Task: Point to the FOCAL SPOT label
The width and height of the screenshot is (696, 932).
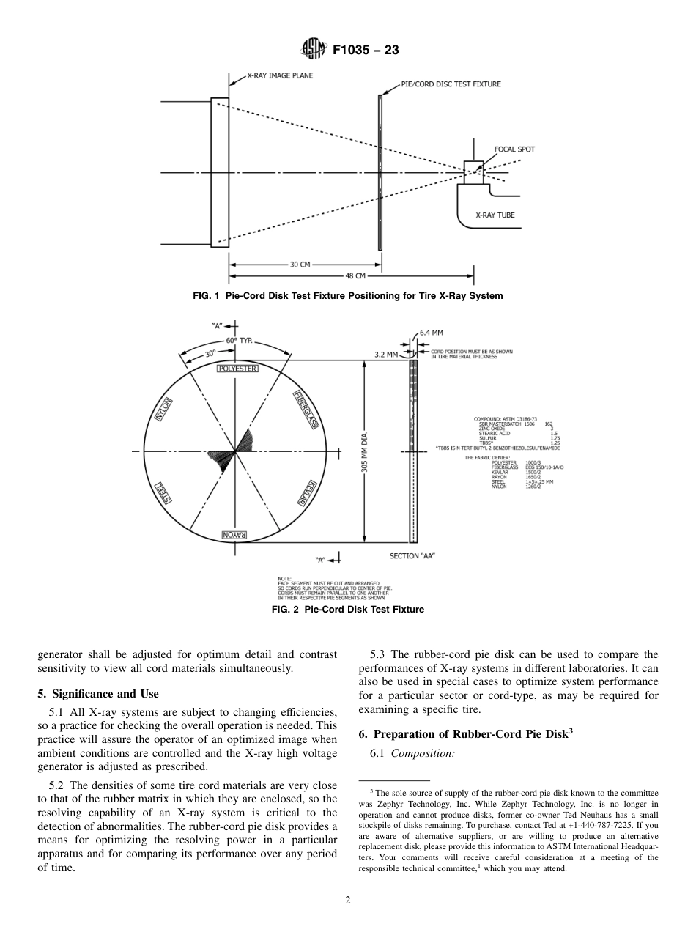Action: pos(514,149)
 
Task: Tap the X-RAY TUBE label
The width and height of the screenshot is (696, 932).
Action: pos(495,215)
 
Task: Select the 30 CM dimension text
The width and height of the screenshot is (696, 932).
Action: pos(300,265)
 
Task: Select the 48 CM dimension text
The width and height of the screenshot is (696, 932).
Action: pos(355,276)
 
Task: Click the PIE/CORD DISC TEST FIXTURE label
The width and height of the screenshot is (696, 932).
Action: pos(451,84)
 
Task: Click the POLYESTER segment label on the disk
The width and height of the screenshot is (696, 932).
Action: pos(237,369)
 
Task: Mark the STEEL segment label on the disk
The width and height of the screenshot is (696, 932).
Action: pos(163,493)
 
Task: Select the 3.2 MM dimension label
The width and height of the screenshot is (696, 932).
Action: pos(385,354)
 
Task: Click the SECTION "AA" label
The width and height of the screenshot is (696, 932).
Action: pos(412,556)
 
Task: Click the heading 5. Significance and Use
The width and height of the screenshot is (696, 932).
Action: pos(97,694)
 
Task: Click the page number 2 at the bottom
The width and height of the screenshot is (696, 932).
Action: pos(348,900)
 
